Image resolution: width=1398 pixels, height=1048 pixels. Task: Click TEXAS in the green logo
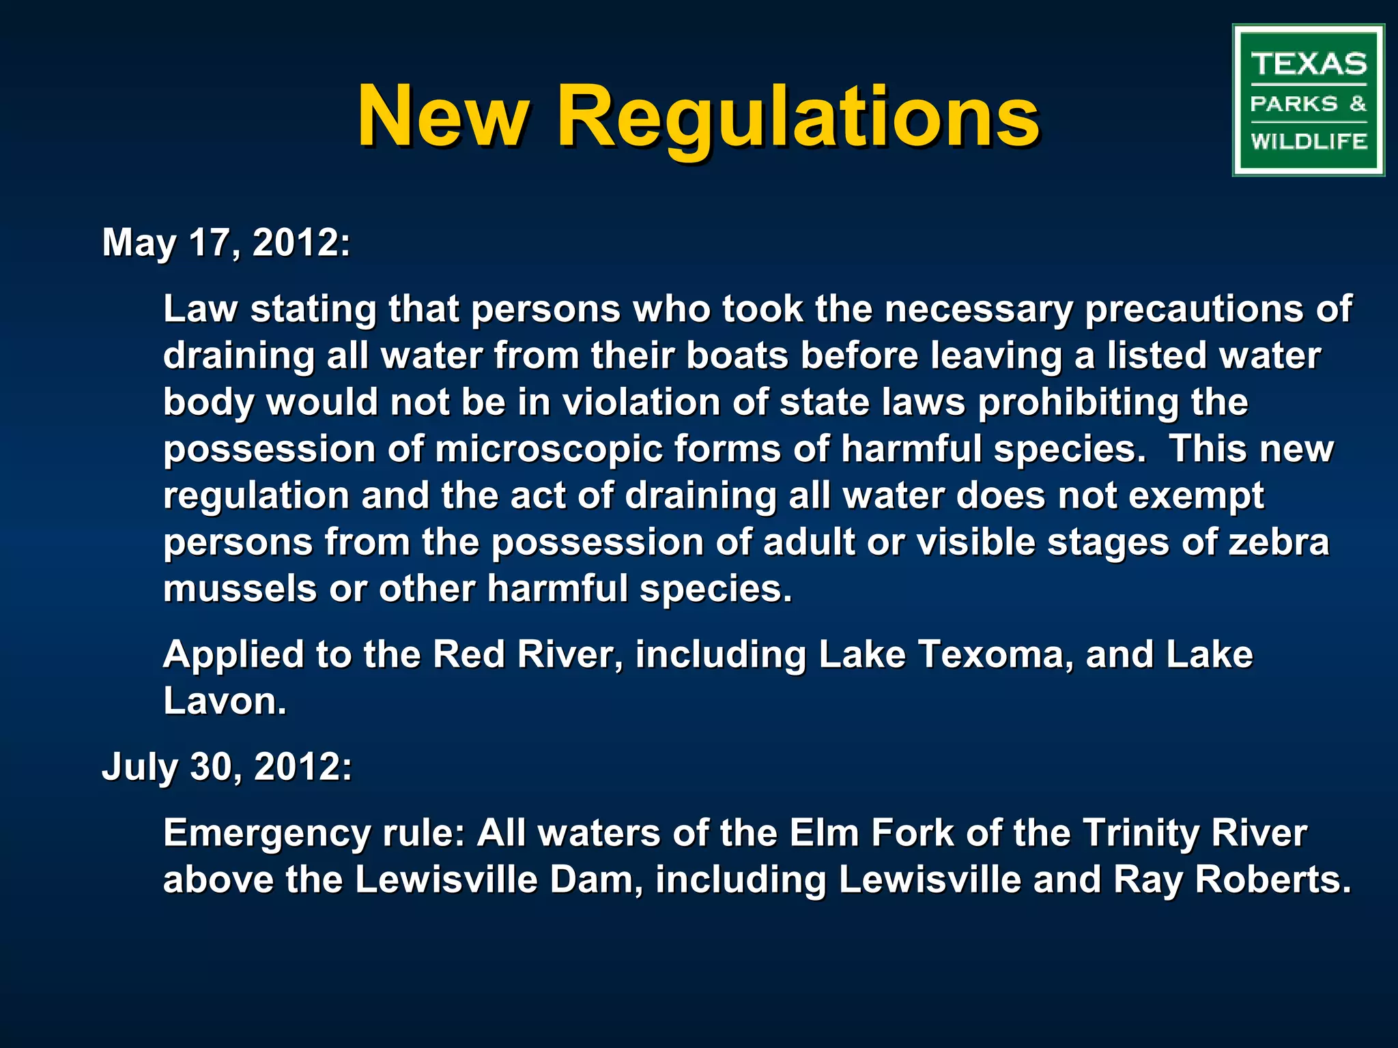[x=1309, y=65]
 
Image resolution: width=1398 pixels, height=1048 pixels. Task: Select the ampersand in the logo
[x=1358, y=104]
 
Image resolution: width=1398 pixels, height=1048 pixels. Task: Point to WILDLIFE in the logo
[x=1309, y=141]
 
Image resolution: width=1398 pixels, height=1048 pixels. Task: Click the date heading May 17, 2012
[x=226, y=242]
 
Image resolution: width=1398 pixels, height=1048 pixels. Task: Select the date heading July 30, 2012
[x=227, y=766]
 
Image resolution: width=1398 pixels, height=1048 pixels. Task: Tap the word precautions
[x=1193, y=309]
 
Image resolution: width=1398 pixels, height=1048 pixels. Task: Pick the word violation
[x=640, y=402]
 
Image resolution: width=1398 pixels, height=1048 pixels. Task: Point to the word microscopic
[x=549, y=450]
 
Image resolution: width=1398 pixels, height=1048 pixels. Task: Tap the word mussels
[x=240, y=589]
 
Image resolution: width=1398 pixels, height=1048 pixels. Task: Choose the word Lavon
[x=225, y=701]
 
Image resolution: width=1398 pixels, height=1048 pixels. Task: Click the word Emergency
[x=267, y=834]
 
